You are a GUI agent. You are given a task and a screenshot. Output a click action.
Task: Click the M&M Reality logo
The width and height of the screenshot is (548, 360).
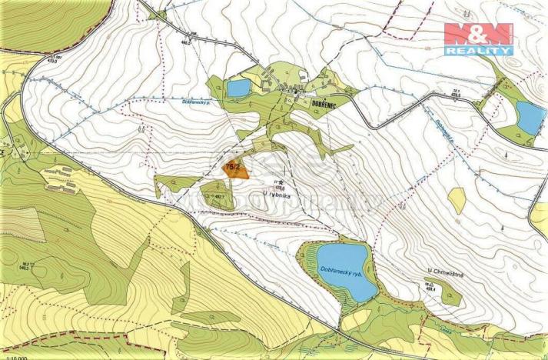[x=478, y=38]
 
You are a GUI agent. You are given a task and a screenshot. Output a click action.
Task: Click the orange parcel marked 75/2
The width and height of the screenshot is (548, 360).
[x=235, y=169]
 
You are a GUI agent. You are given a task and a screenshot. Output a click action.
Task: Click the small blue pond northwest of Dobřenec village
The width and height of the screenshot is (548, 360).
[x=238, y=88]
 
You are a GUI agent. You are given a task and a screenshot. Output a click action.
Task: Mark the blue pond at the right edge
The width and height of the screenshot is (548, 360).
[x=530, y=115]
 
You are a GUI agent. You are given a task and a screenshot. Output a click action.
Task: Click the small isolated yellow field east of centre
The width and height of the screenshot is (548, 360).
[x=457, y=200]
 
